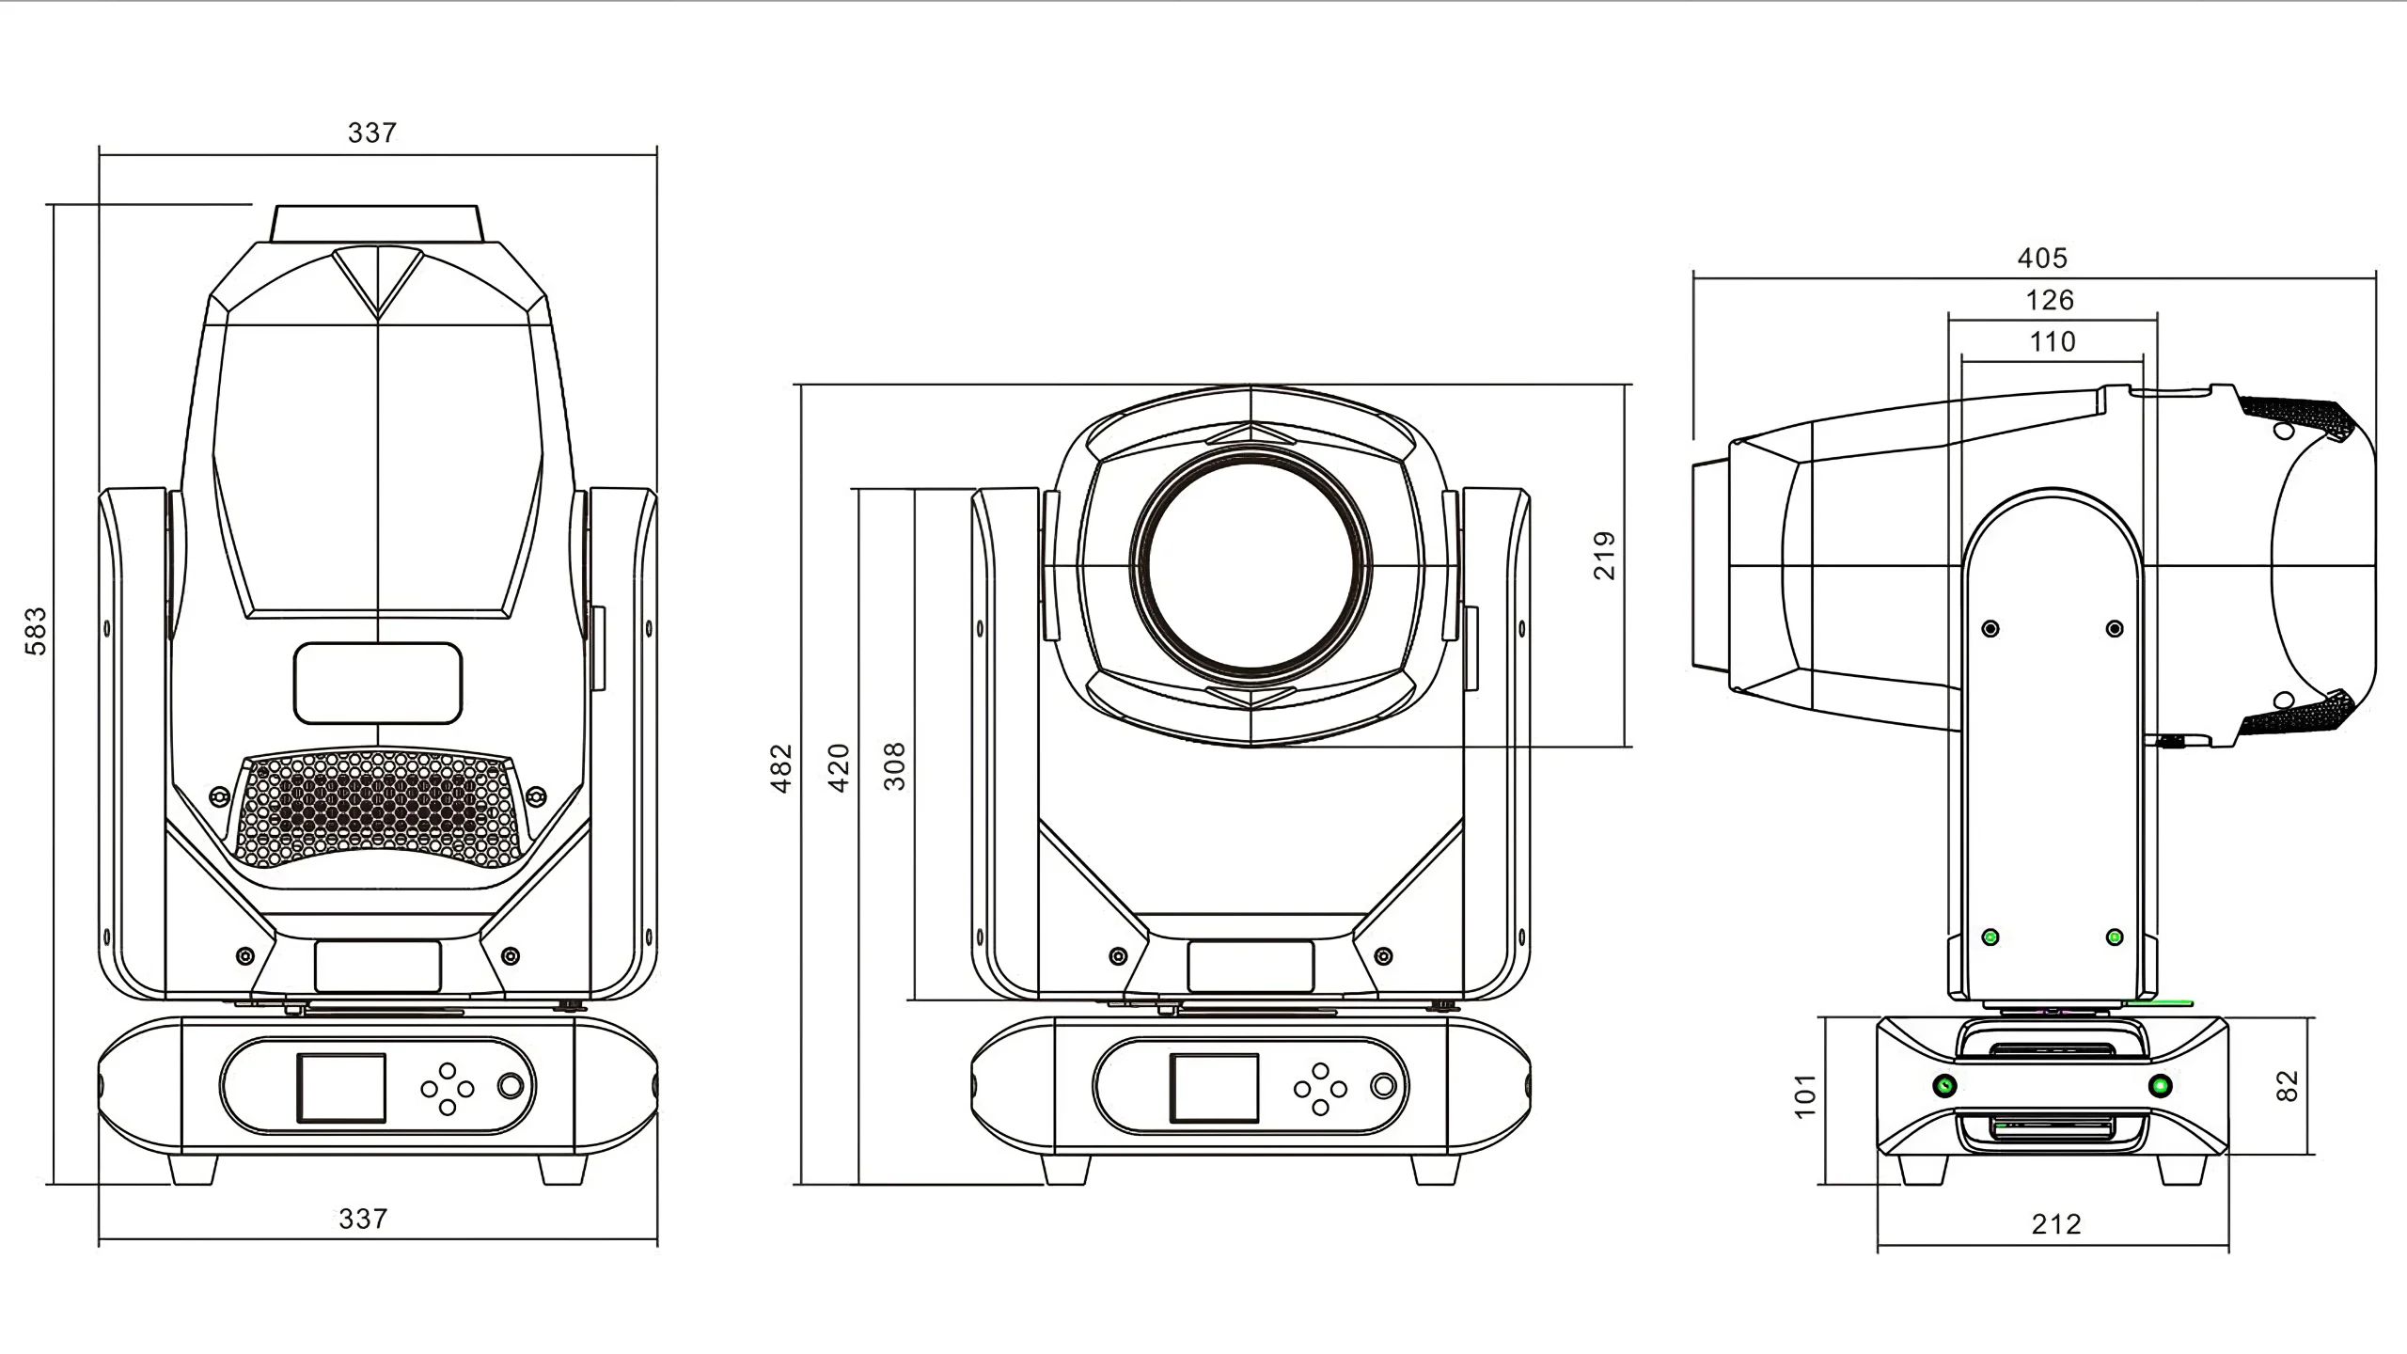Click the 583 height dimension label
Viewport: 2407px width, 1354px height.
(35, 631)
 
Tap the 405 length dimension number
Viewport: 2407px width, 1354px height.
(2042, 258)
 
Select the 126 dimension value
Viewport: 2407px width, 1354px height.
(2050, 300)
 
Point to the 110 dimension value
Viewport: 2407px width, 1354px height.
(2052, 341)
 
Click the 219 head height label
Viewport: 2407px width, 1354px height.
(1605, 555)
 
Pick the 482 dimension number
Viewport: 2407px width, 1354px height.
(782, 768)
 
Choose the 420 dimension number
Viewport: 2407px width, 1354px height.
(839, 768)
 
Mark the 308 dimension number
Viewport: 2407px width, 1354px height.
(895, 766)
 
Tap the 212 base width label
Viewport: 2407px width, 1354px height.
(2056, 1224)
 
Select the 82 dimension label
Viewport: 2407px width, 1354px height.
(2288, 1086)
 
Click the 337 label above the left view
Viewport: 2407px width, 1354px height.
(372, 133)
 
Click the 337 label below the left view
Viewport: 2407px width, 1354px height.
(363, 1219)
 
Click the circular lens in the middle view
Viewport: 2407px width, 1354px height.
(1251, 565)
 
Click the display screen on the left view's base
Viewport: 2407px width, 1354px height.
(341, 1087)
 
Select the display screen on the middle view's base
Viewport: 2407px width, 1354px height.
(1214, 1087)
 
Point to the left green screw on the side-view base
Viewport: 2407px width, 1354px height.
(1943, 1086)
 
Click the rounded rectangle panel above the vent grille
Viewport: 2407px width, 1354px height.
(378, 684)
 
